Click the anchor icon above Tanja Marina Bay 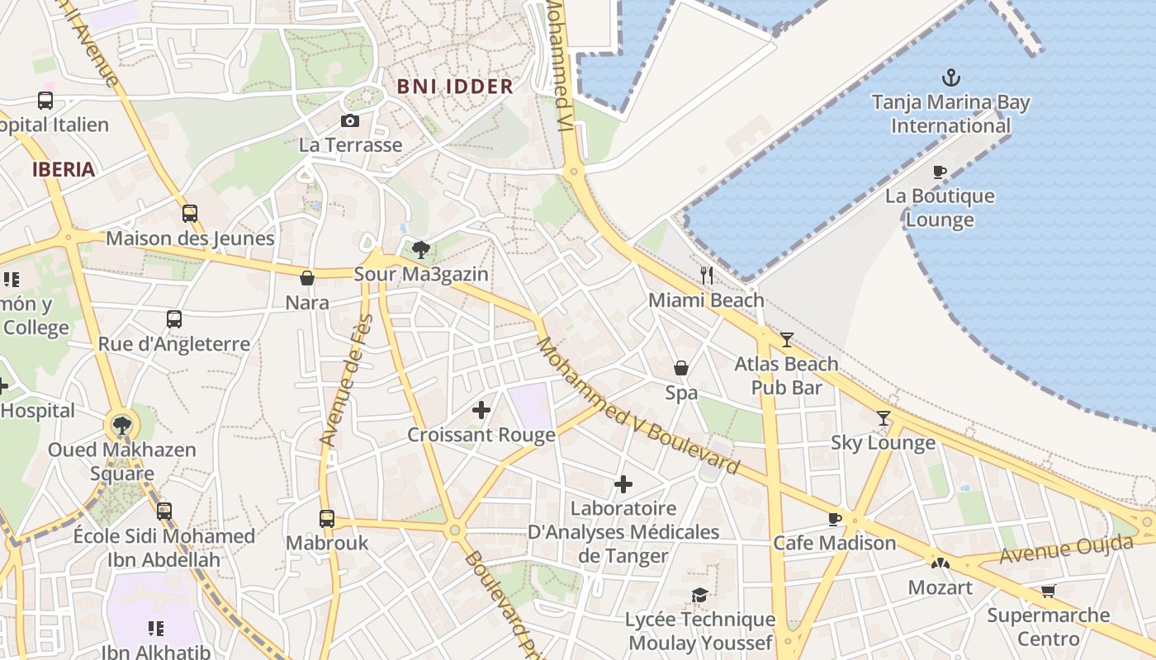pyautogui.click(x=951, y=78)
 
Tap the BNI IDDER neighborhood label pyautogui.click(x=455, y=87)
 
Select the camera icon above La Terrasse pyautogui.click(x=350, y=121)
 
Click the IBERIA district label pyautogui.click(x=64, y=170)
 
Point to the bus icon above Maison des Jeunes pyautogui.click(x=190, y=214)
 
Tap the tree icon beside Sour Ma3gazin pyautogui.click(x=420, y=249)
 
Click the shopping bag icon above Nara pyautogui.click(x=307, y=279)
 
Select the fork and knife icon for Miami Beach pyautogui.click(x=706, y=276)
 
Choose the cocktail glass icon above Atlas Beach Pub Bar pyautogui.click(x=786, y=339)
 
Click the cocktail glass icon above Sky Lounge pyautogui.click(x=883, y=418)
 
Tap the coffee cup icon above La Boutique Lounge pyautogui.click(x=939, y=172)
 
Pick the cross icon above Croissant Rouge pyautogui.click(x=481, y=410)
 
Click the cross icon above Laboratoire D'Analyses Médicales pyautogui.click(x=623, y=484)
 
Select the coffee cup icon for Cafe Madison pyautogui.click(x=835, y=519)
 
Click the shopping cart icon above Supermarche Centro pyautogui.click(x=1048, y=591)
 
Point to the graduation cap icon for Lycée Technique pyautogui.click(x=699, y=595)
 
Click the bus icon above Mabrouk pyautogui.click(x=327, y=519)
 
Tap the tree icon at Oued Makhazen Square pyautogui.click(x=122, y=426)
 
